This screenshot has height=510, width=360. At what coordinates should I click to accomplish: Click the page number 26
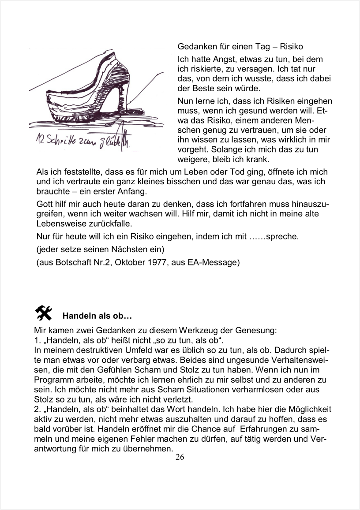(180, 457)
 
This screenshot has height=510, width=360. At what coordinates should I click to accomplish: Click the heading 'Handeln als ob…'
(97, 316)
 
